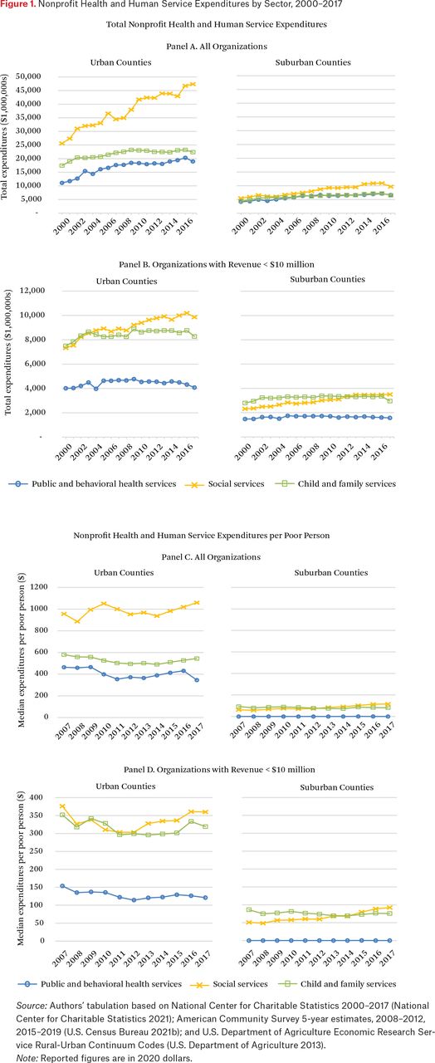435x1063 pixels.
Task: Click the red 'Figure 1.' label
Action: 18,5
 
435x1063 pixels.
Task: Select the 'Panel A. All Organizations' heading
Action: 217,47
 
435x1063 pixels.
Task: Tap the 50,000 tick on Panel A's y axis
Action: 28,76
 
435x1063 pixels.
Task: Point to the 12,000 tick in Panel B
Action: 32,291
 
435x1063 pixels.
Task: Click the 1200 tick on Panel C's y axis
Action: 39,587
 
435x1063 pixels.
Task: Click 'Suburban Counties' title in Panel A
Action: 313,62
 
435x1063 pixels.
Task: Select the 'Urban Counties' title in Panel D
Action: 125,786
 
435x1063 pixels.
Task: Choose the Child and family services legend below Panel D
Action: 337,984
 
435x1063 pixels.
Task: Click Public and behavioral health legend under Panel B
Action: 92,484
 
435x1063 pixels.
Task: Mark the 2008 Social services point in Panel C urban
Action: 77,621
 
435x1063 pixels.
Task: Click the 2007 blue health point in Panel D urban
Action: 62,886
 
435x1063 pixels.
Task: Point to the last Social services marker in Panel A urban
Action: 193,84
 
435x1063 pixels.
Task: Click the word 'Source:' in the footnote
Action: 32,1006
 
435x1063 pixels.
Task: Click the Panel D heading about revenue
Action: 219,770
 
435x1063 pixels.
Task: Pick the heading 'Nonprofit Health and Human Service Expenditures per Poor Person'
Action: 201,536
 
